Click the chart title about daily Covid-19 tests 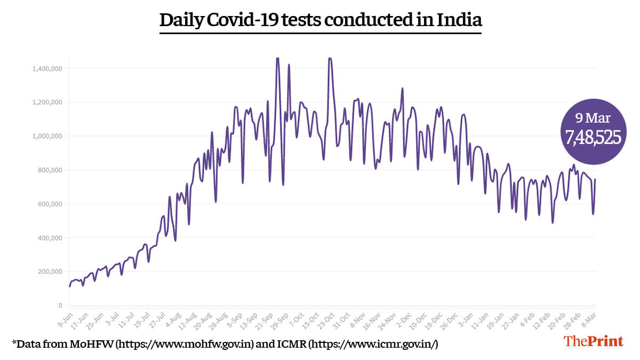(321, 20)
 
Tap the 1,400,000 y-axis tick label (47, 68)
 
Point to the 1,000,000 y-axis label (47, 136)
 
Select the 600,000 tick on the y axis (51, 204)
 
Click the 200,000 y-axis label (51, 271)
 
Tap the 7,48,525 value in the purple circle (594, 138)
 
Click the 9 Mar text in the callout (594, 118)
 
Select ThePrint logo (593, 341)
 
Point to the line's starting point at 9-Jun (69, 286)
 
